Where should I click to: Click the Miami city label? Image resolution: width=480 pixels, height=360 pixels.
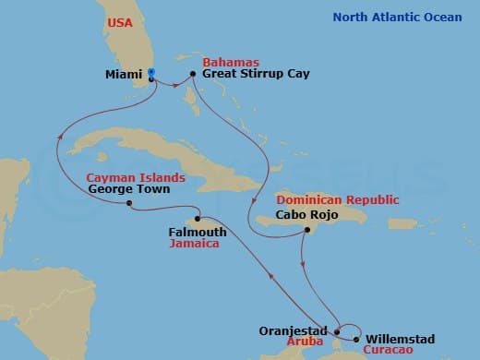pos(123,74)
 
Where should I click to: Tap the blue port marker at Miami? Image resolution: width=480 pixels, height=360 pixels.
pos(151,72)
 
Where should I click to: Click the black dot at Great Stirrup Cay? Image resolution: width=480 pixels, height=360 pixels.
pos(192,74)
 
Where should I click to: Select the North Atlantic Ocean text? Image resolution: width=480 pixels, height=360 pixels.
pos(410,17)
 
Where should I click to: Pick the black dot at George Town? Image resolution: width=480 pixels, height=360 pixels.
pos(129,203)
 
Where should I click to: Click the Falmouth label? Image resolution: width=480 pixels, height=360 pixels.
pos(198,232)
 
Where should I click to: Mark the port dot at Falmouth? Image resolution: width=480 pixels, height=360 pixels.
pos(198,219)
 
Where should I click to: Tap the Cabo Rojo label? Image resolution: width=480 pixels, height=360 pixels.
pos(313,214)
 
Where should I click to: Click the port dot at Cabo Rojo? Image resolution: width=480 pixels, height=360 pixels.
pos(306,234)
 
